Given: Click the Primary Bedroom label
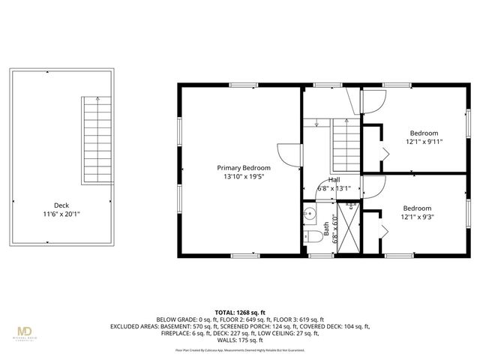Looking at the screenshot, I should coord(244,167).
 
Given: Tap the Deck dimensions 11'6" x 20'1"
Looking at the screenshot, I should coord(62,214).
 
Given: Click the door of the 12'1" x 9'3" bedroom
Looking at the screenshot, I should coord(373,184).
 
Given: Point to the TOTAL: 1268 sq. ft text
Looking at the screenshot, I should coord(241,311).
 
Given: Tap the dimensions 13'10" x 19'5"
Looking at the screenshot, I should coord(244,176).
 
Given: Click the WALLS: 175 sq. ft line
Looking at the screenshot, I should coord(241,340).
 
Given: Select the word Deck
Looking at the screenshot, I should coord(62,205).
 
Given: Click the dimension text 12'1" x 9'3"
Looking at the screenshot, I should coord(417,217).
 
